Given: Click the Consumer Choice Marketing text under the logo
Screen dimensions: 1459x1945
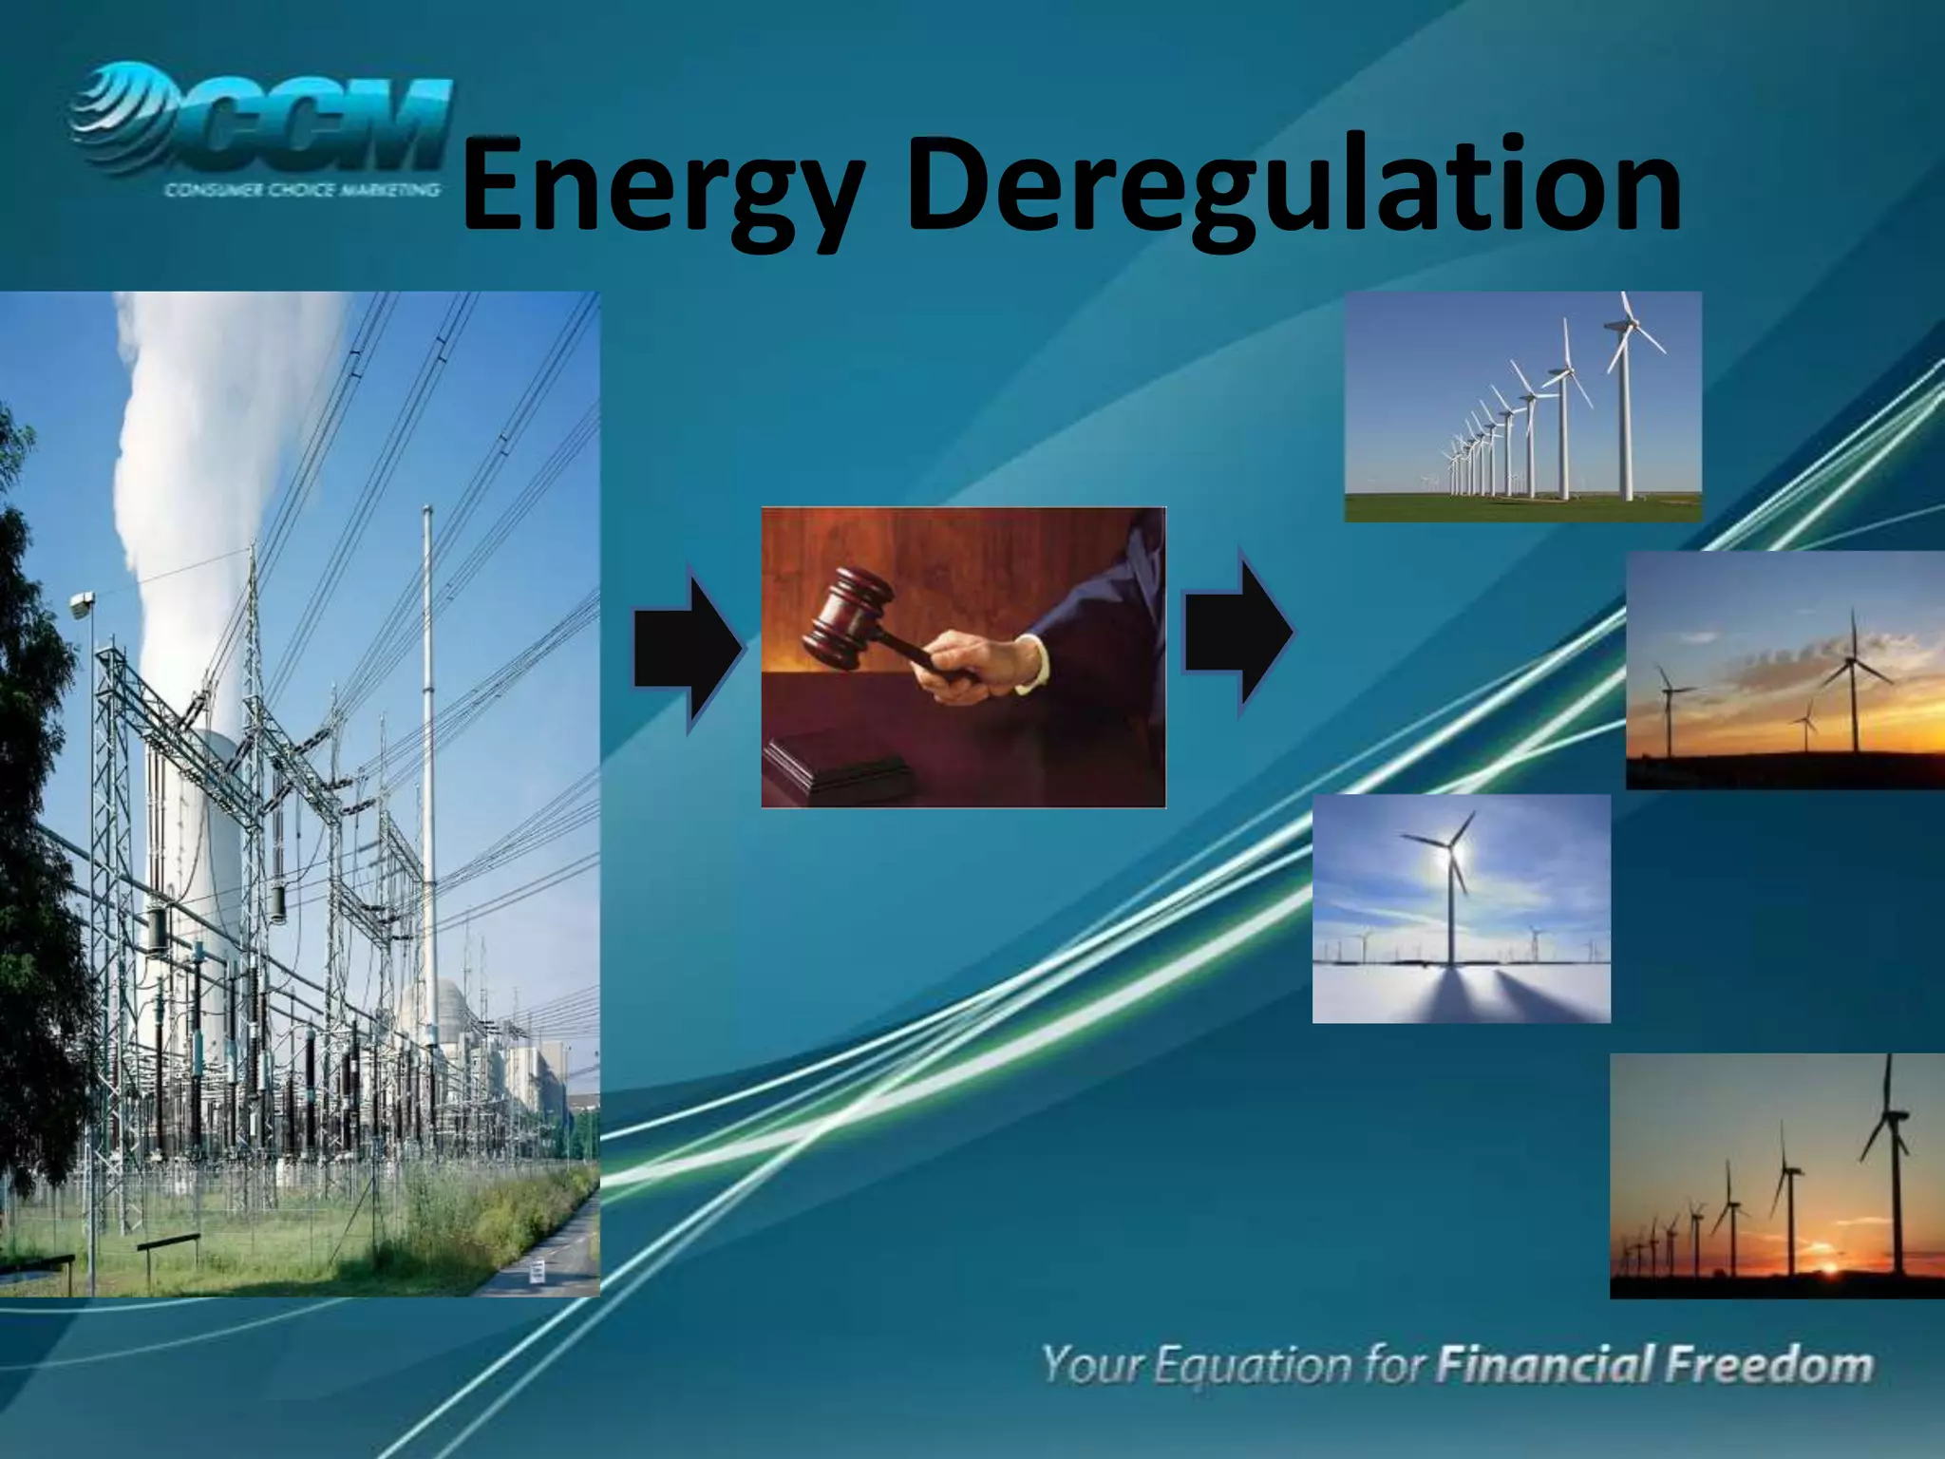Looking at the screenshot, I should coord(302,190).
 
